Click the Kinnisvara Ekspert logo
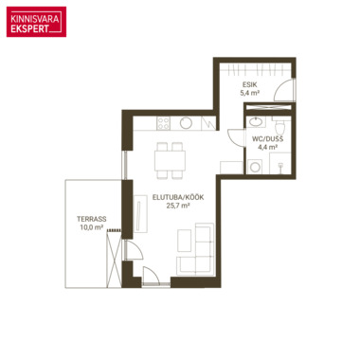(36, 22)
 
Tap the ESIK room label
(249, 84)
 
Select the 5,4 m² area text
(249, 93)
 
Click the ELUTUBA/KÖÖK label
(178, 197)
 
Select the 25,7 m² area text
(178, 206)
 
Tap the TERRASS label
(92, 219)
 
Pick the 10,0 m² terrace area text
(92, 227)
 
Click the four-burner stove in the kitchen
(164, 123)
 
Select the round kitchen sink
(186, 123)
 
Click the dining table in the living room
(170, 160)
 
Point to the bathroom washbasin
(256, 121)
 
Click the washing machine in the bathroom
(255, 167)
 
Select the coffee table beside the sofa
(185, 241)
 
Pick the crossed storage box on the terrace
(114, 259)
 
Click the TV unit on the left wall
(140, 214)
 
